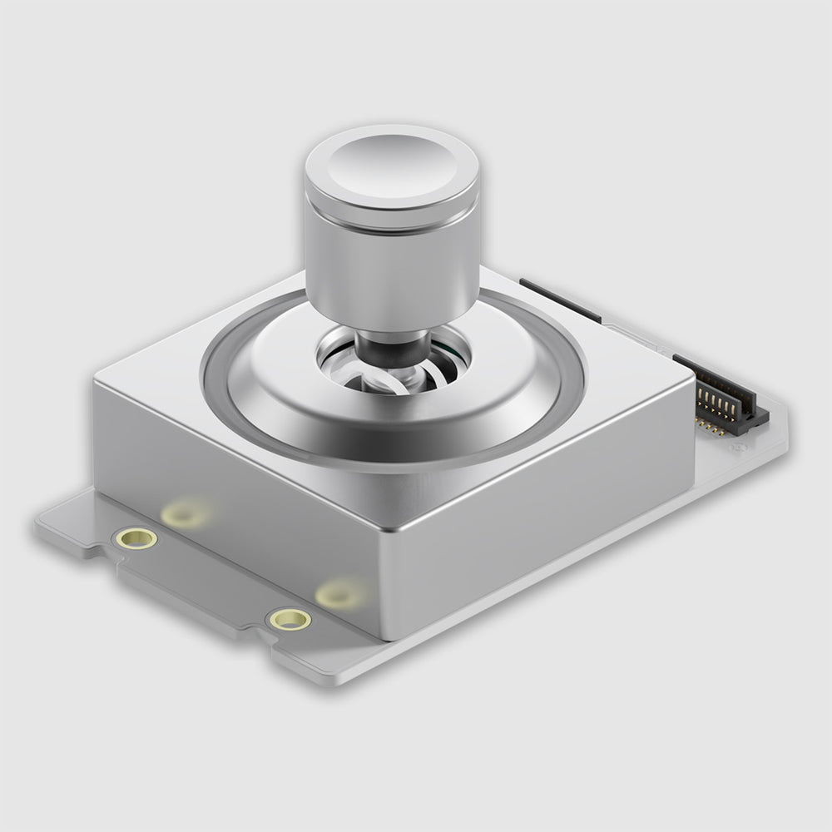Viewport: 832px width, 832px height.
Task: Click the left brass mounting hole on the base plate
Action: tap(137, 538)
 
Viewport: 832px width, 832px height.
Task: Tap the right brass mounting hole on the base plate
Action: tap(290, 619)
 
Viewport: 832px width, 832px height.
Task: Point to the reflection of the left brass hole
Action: tap(185, 514)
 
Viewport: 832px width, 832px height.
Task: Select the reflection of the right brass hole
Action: tap(339, 593)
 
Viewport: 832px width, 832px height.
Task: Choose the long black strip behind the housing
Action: tap(559, 300)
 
